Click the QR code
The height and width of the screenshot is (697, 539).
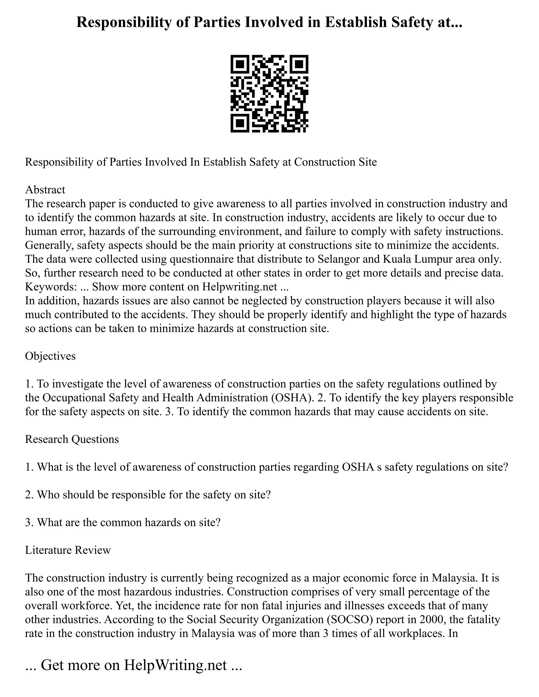269,94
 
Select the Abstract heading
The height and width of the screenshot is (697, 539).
45,190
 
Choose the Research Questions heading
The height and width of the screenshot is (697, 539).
72,439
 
